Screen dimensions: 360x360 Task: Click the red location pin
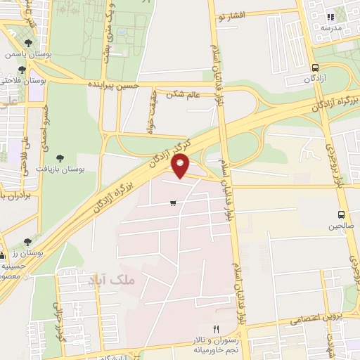point(181,166)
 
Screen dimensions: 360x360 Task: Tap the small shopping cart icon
point(173,203)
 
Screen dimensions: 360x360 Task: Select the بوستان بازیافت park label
point(81,169)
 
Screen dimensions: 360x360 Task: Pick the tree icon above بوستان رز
point(27,241)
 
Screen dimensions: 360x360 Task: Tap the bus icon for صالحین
point(341,214)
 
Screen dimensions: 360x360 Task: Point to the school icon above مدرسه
point(330,17)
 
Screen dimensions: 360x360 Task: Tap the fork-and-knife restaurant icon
point(217,329)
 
